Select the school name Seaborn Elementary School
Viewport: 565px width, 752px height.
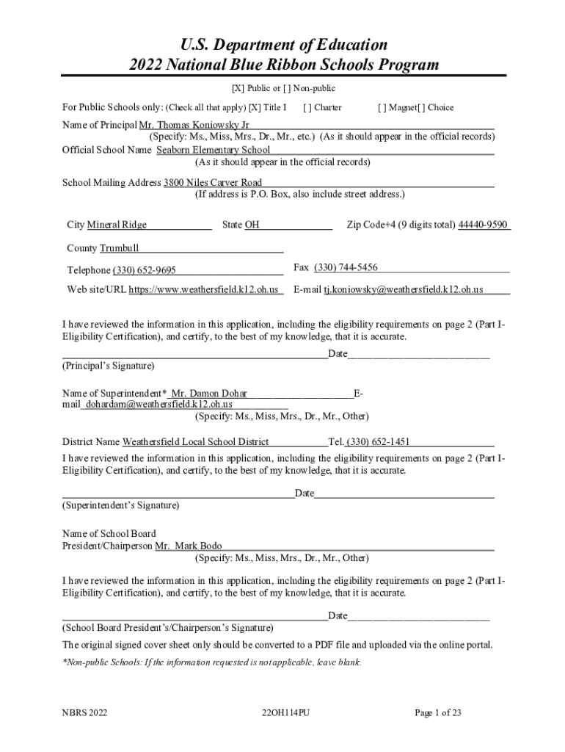pos(213,150)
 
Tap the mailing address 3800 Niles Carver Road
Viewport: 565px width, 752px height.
pos(212,182)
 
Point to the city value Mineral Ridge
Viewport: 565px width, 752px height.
pos(117,225)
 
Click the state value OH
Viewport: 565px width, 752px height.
pos(252,225)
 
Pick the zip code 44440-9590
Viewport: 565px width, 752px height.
pos(483,225)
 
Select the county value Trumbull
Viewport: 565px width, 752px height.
pos(119,248)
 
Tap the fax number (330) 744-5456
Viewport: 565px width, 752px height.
pos(346,267)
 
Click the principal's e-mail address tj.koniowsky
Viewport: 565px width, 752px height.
pos(403,289)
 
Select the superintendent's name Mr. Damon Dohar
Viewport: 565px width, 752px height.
pos(208,394)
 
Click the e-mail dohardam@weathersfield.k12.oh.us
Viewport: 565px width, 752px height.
pos(158,404)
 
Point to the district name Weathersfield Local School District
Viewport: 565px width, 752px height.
pos(195,442)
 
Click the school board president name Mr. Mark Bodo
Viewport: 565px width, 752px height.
pos(188,546)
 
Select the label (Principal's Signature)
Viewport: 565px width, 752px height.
pos(108,365)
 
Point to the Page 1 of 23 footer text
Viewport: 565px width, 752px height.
pos(437,712)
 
